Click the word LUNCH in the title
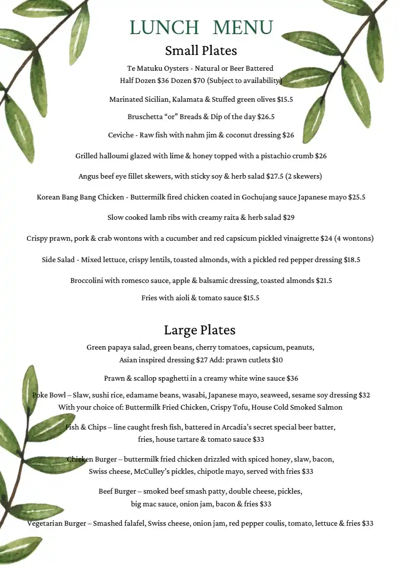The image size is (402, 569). (x=164, y=27)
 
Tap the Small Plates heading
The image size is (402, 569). (x=201, y=51)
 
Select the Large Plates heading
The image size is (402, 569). (x=199, y=330)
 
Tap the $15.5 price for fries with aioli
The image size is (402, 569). (x=251, y=298)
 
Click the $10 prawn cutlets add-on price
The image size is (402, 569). (x=277, y=360)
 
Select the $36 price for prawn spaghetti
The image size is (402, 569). (x=292, y=378)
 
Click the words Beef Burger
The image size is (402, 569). (x=117, y=491)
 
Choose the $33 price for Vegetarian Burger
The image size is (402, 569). (x=367, y=523)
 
